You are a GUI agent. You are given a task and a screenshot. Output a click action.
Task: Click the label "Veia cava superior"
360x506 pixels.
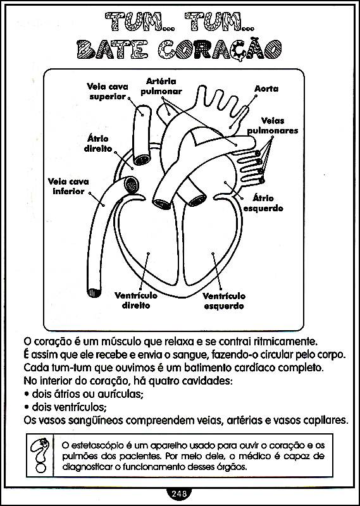click(x=108, y=92)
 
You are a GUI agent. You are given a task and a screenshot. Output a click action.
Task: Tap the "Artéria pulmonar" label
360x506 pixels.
click(x=161, y=86)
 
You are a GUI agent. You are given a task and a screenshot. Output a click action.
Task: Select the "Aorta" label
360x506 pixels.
click(x=266, y=89)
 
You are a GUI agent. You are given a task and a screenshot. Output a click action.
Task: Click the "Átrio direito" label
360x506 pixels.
click(x=98, y=144)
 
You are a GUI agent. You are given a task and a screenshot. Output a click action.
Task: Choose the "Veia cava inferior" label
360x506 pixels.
click(x=68, y=186)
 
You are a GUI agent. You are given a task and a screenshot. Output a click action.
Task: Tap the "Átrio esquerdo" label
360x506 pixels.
click(x=263, y=203)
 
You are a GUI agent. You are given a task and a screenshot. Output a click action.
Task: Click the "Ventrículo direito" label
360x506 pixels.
click(x=136, y=300)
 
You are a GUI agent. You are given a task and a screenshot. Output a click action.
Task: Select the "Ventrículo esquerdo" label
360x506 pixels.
click(x=224, y=301)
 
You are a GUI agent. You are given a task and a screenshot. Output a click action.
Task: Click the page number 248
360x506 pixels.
click(x=180, y=493)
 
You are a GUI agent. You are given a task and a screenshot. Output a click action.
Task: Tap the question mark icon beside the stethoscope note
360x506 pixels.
click(x=40, y=455)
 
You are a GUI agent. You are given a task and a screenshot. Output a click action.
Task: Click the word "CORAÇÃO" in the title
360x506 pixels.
click(x=220, y=50)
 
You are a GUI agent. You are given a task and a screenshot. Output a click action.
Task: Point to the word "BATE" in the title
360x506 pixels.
click(x=113, y=50)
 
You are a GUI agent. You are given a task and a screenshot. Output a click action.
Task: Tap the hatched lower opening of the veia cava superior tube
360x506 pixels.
click(x=142, y=159)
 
